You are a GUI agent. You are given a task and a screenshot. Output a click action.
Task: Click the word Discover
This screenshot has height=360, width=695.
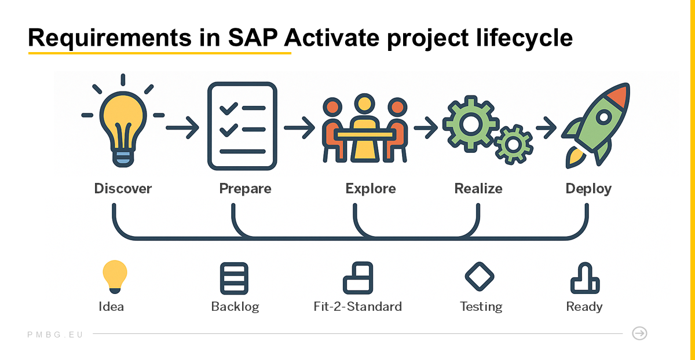coord(123,189)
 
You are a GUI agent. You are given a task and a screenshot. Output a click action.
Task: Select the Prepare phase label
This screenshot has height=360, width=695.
coord(245,189)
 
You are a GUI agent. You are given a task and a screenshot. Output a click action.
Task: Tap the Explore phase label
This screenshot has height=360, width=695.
coord(371,189)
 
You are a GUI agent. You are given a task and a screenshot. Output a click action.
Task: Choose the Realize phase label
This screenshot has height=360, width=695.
coord(478,189)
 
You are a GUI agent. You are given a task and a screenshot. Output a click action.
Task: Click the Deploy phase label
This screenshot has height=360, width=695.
coord(588,189)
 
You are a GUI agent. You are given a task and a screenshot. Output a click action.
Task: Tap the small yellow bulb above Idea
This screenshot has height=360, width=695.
coord(114,276)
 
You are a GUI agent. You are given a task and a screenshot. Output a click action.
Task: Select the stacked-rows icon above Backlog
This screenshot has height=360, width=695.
coord(234,278)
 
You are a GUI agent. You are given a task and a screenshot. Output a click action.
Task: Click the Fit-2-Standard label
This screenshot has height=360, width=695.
coord(357,306)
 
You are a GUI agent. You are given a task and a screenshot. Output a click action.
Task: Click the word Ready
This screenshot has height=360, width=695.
coord(584,306)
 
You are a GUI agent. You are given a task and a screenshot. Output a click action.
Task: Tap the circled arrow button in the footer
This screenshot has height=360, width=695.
coord(639,333)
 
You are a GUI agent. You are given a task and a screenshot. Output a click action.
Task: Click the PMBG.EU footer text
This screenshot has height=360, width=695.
coord(56,335)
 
